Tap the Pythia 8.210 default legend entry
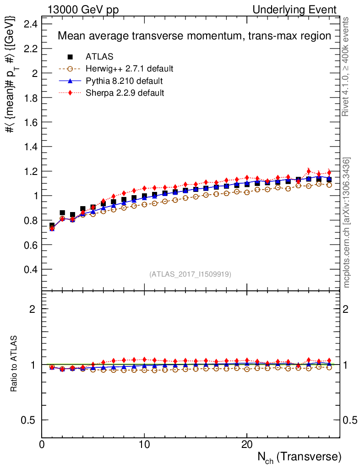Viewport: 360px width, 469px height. coord(124,81)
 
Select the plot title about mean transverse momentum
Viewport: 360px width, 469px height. coord(194,36)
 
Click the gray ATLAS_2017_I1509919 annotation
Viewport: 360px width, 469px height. coord(190,274)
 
